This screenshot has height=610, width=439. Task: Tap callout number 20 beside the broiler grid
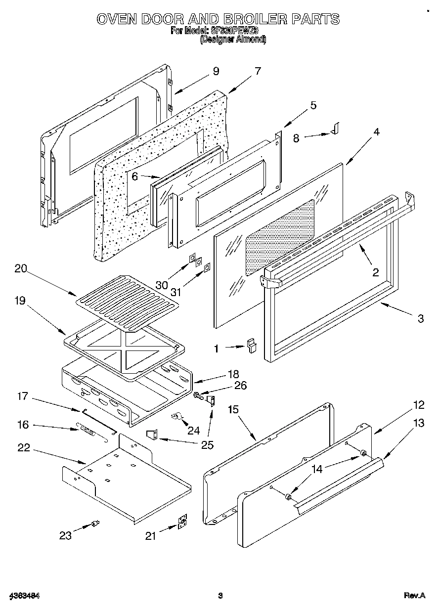pos(21,269)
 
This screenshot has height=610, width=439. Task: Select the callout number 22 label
pos(23,448)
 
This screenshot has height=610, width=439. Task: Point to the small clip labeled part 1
pos(253,345)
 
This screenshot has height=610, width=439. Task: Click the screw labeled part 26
pos(198,395)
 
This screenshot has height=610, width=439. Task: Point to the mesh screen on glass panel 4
pos(280,236)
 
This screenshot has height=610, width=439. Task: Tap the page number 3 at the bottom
pos(220,596)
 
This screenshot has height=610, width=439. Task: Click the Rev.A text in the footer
pos(414,596)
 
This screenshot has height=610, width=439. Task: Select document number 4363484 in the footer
pos(24,596)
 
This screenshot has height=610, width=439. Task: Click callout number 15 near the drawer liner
pos(233,409)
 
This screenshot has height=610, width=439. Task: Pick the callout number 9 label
pos(216,71)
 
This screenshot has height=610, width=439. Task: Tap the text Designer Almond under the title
pos(232,40)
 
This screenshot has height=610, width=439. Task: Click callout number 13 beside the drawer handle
pos(419,423)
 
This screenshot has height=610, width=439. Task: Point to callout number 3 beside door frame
pos(420,319)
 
